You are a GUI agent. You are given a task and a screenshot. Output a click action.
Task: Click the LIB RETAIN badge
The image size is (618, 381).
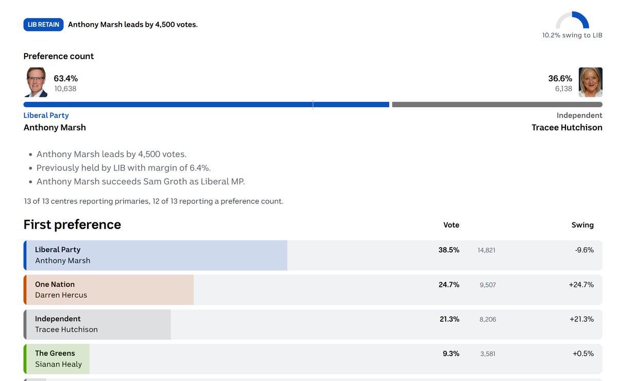point(43,25)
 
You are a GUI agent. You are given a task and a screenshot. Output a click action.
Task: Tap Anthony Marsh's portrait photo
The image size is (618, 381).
point(36,82)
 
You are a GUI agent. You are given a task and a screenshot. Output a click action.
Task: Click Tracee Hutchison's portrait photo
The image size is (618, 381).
point(590,82)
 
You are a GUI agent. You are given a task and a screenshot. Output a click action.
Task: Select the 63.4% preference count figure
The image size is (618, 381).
point(66,79)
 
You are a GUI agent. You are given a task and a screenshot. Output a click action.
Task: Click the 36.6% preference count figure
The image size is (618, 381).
point(560,79)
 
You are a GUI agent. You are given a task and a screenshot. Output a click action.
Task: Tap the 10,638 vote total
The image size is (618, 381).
point(65,89)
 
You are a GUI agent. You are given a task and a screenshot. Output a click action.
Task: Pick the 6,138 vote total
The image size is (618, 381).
point(563,89)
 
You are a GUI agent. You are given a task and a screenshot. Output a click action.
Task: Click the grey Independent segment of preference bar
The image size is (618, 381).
point(497,105)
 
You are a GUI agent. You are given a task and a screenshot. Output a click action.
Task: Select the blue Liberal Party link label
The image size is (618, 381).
point(46,115)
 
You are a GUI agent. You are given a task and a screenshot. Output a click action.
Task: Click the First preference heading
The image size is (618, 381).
point(72,224)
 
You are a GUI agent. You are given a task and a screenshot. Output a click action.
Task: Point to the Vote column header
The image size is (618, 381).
point(451,225)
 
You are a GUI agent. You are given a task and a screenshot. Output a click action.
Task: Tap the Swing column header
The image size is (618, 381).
point(582,225)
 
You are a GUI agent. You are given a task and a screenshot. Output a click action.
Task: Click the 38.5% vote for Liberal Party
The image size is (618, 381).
point(449,250)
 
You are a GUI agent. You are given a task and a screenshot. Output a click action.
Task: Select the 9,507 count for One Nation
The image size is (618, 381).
point(488,285)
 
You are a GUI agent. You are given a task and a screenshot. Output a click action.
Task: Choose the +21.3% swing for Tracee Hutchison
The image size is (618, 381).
point(581,319)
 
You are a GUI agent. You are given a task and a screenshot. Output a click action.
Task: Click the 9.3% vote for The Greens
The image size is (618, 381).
point(451,354)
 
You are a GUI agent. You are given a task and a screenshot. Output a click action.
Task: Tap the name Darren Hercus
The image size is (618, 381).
point(61,295)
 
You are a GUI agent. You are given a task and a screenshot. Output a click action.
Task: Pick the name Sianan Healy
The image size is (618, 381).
point(59,364)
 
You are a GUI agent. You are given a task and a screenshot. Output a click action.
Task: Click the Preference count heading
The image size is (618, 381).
point(59,56)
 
